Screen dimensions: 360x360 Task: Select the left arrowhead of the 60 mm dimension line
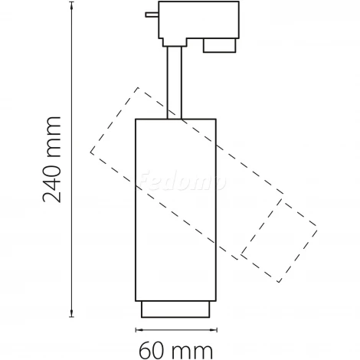point(139,329)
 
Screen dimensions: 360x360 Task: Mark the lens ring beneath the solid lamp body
point(173,309)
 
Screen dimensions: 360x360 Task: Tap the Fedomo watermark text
point(182,182)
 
